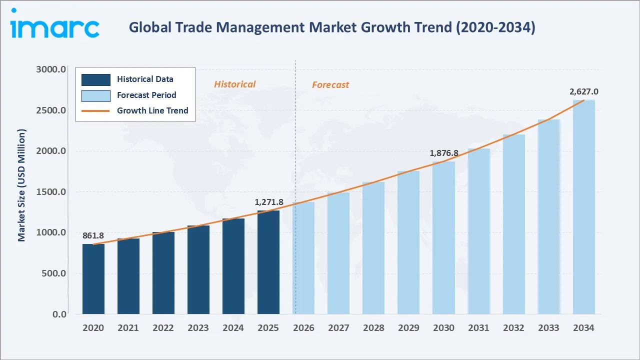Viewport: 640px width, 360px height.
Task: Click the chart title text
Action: point(332,27)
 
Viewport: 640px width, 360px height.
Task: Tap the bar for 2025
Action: point(268,262)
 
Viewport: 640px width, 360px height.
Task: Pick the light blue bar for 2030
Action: point(443,238)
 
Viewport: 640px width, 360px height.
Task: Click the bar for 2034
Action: point(583,207)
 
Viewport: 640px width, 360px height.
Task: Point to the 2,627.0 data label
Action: point(583,92)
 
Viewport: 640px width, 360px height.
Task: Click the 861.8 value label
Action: point(93,235)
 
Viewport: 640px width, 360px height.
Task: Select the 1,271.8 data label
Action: point(269,202)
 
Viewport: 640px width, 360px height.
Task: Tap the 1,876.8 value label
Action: point(444,153)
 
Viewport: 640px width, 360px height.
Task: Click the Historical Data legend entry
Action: point(145,79)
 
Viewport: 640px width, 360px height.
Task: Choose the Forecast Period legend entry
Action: point(146,95)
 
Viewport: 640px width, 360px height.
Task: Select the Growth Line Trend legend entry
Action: point(152,110)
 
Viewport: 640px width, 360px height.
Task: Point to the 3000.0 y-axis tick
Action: point(51,69)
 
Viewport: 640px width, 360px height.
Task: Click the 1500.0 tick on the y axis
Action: point(51,192)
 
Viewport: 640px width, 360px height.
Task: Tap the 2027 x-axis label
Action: point(338,328)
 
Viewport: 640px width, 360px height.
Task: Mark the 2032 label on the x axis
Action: point(513,328)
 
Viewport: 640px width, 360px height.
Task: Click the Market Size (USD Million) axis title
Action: point(21,185)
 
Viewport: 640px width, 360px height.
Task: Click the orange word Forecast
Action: point(330,85)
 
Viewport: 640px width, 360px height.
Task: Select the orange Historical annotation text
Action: point(234,84)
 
